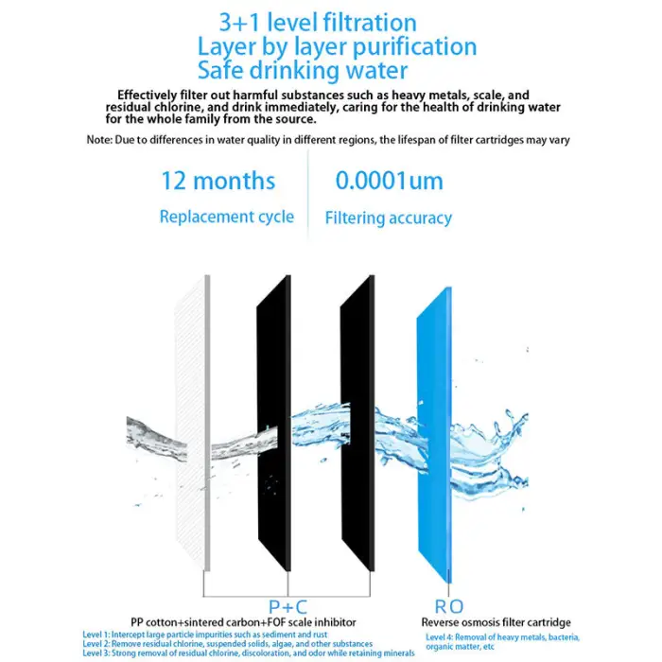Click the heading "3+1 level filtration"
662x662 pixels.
[317, 23]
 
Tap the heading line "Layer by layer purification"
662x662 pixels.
[337, 46]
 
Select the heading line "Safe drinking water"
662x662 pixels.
[303, 70]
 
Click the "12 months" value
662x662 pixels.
[218, 181]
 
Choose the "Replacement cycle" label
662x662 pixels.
[227, 217]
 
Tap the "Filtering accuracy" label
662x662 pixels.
[388, 218]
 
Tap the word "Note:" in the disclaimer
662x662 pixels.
[98, 140]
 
